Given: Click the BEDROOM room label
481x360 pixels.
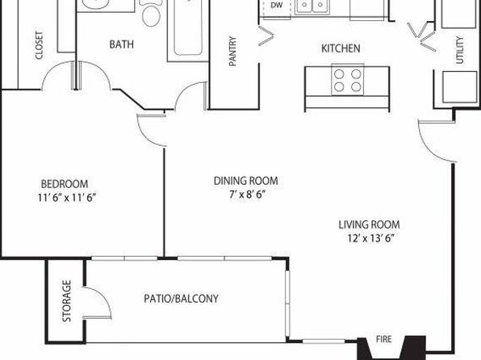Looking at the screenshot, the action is [65, 184].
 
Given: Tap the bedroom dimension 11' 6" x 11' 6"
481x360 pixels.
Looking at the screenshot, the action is [67, 198].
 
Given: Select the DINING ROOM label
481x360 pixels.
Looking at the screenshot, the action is [246, 181].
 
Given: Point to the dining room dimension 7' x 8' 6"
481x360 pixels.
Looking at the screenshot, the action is [247, 195].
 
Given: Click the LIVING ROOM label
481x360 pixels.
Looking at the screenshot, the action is [370, 224].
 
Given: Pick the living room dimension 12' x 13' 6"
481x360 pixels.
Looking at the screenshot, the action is [370, 238].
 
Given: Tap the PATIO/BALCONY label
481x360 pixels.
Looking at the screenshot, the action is [182, 299].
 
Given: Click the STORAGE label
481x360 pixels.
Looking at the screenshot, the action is [66, 301].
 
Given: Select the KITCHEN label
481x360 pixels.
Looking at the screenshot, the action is [341, 48].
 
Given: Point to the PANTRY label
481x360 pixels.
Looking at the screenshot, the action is [232, 51].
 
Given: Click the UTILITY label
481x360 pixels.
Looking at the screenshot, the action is [459, 50].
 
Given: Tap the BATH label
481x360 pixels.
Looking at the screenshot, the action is [122, 44].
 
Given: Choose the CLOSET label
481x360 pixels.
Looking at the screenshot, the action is [40, 45].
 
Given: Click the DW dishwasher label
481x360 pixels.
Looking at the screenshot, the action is [276, 5].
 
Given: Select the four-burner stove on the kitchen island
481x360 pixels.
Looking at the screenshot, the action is [348, 80].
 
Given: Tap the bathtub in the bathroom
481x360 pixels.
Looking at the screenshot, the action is [188, 29].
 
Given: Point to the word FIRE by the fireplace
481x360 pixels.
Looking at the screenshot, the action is [384, 339].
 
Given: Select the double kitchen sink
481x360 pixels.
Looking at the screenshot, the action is [312, 6].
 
